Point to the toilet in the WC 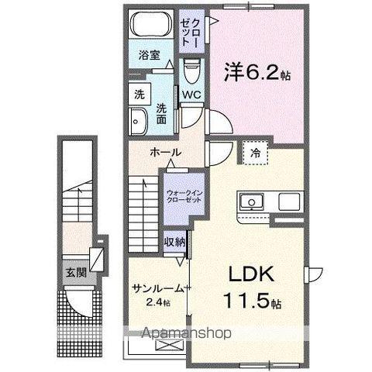pyautogui.click(x=191, y=71)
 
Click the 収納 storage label pyautogui.click(x=174, y=243)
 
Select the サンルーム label pyautogui.click(x=157, y=288)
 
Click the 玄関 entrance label pyautogui.click(x=76, y=272)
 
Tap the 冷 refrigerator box pyautogui.click(x=255, y=153)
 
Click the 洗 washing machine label pyautogui.click(x=139, y=95)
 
